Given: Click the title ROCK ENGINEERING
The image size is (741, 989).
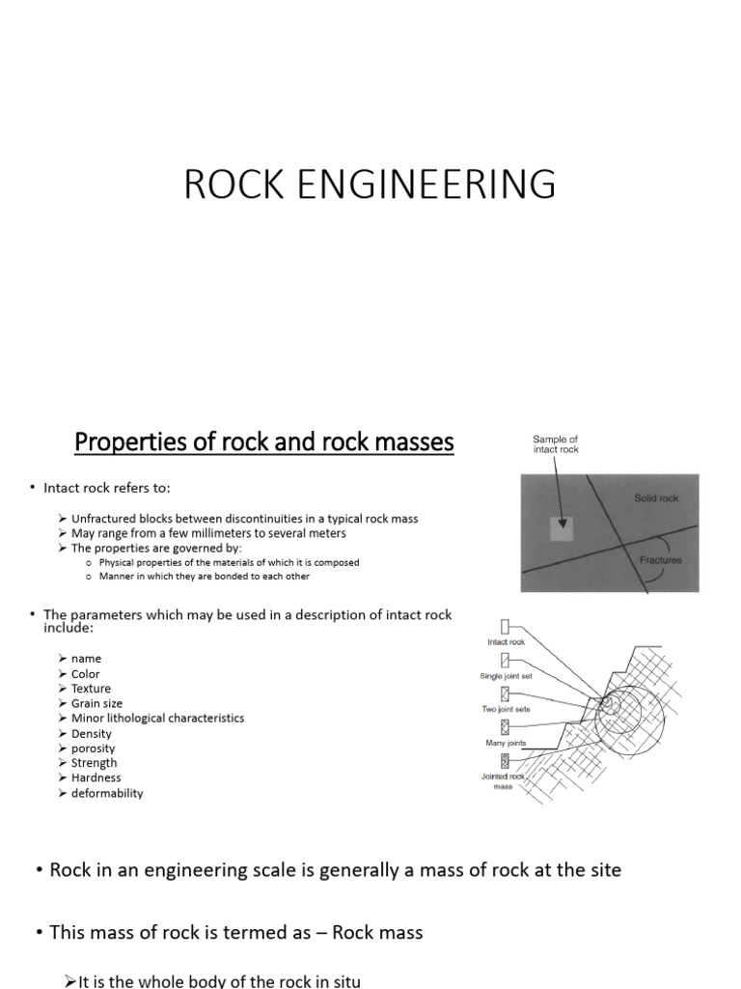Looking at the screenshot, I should tap(370, 184).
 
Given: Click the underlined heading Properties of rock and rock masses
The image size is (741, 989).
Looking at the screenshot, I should tap(263, 443).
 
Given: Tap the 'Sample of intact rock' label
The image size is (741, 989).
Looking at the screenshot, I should tap(556, 444).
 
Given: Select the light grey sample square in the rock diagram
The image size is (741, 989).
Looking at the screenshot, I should tap(562, 528).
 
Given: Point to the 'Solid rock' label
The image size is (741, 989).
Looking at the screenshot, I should tap(656, 498).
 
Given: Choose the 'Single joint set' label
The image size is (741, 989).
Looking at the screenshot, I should tap(505, 676).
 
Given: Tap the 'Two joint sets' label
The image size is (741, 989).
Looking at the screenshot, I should tap(505, 710).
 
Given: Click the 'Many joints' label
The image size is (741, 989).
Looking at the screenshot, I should tap(505, 743).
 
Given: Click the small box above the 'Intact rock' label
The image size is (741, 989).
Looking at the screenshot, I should tap(505, 627).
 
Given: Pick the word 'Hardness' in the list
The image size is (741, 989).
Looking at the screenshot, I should tap(96, 777).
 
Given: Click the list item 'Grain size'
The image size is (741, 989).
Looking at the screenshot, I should tap(96, 703).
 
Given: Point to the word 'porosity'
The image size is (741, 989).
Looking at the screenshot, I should tap(93, 748).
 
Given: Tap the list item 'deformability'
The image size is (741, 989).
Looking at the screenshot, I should tap(107, 793).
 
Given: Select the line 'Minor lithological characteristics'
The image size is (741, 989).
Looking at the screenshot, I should tap(157, 718).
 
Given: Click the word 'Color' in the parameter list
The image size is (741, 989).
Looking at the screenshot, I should tap(85, 673).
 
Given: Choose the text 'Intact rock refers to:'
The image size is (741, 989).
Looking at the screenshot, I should tap(106, 488).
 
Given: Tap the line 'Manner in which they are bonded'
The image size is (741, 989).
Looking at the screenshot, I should tap(204, 577).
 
